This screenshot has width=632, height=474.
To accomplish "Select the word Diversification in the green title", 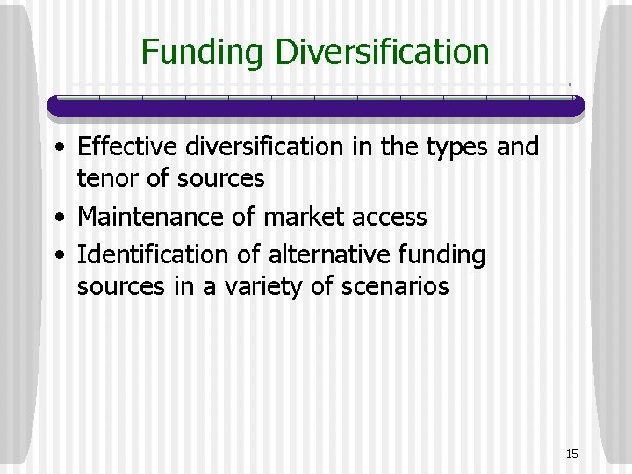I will pos(382,53).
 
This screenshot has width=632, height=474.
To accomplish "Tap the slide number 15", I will pos(572,454).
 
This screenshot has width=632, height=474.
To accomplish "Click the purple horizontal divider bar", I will pos(315,106).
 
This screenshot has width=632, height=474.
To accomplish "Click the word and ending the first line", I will pos(519,147).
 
